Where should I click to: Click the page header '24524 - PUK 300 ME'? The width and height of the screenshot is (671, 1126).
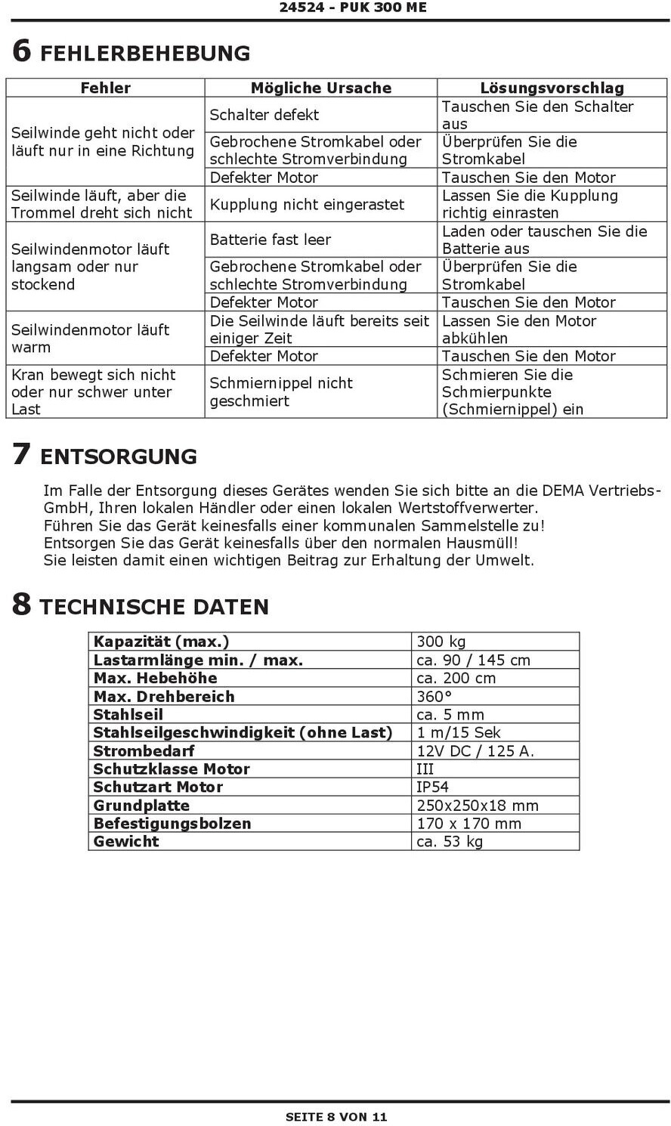pos(353,8)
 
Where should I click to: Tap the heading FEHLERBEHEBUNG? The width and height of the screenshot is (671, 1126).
pos(145,53)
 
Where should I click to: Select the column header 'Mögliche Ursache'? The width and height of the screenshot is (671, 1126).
pos(320,88)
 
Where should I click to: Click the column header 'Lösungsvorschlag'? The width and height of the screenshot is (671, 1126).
pos(552,88)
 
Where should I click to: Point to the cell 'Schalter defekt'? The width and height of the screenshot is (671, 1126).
pos(264,115)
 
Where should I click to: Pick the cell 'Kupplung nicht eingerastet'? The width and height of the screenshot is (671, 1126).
pos(307,204)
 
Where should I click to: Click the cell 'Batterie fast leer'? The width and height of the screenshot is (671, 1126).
pos(270,240)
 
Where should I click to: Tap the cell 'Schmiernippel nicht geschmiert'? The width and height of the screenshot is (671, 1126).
pos(281,391)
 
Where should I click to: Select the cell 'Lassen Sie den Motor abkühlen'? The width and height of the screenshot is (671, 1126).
pos(518,329)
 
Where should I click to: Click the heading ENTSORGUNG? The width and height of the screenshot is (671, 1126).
pos(118,456)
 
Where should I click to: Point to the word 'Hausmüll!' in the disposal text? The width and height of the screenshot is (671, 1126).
pos(484,543)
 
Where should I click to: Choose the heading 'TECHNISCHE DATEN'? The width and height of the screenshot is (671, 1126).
pos(154,607)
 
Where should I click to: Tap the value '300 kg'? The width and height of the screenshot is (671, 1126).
pos(441,642)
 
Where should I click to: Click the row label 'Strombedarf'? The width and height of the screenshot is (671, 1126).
pos(144,750)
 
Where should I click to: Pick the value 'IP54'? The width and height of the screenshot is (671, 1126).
pos(432,787)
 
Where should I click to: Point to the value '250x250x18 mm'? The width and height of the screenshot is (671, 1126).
pos(477,805)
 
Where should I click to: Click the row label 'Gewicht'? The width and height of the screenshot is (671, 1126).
pos(126,841)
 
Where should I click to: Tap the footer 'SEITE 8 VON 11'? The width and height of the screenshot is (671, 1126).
pos(335,1116)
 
